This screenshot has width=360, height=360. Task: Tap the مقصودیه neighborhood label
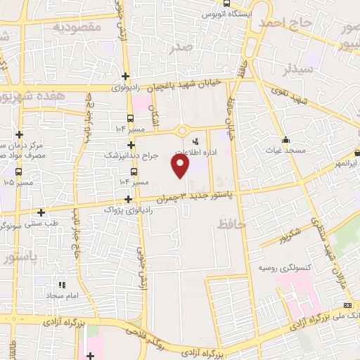79,27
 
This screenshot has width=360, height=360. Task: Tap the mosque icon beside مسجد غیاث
286,139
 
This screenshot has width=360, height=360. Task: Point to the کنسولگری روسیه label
285,269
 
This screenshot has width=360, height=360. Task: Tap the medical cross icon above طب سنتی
41,212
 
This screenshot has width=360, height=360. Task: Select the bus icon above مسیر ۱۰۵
18,171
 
